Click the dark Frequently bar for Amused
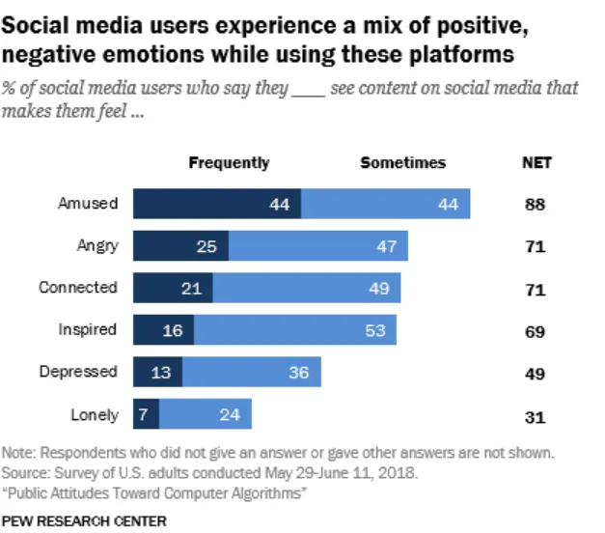[x=217, y=204]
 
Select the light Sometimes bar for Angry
[x=317, y=246]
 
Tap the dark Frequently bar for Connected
[x=173, y=288]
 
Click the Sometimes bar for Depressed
[x=251, y=372]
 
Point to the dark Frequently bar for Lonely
[x=146, y=414]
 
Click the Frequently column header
[x=229, y=162]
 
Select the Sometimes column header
[x=402, y=162]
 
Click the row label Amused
[x=88, y=204]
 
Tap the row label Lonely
[x=95, y=415]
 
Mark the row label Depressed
[x=78, y=372]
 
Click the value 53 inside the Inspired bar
[x=374, y=330]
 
